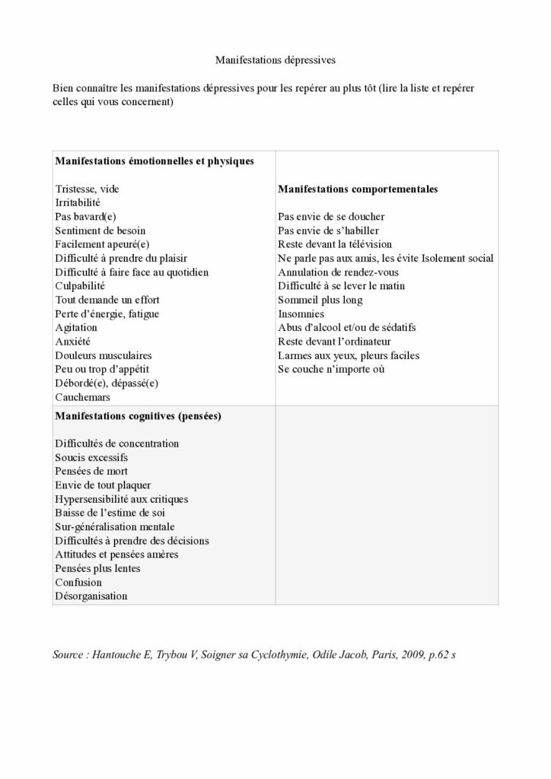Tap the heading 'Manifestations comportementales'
point(358,189)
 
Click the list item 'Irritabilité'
point(78,202)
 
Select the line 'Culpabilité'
point(75,286)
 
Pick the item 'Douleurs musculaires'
point(104,355)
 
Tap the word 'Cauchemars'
point(82,397)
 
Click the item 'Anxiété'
point(73,342)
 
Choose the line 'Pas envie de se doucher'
point(331,217)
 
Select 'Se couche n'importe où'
point(331,369)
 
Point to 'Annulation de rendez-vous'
point(339,272)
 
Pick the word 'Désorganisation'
point(91,596)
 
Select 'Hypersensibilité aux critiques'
point(122,499)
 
